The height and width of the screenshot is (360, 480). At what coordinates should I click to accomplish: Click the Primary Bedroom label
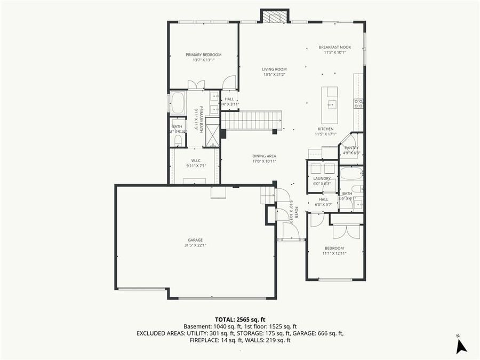click(x=203, y=55)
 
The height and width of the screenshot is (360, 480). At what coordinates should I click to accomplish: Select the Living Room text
click(x=274, y=69)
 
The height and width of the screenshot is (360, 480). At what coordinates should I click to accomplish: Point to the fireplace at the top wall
click(x=275, y=17)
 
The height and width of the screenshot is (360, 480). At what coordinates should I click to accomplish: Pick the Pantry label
click(x=351, y=148)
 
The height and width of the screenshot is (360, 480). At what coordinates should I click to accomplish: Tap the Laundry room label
click(x=322, y=178)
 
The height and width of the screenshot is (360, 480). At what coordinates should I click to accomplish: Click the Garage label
click(x=195, y=240)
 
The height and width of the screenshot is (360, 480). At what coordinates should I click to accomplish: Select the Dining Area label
click(x=264, y=156)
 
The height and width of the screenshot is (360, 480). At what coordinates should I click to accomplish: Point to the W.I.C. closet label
click(x=196, y=161)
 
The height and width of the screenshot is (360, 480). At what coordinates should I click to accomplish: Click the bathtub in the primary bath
click(x=178, y=103)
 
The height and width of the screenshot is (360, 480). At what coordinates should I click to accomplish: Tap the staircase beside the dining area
click(x=251, y=120)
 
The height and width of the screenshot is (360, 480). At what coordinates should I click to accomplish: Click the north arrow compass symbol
click(x=461, y=346)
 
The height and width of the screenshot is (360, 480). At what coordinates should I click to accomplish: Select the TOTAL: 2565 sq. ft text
click(x=239, y=319)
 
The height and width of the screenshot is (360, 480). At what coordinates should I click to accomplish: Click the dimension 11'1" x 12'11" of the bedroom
click(x=334, y=253)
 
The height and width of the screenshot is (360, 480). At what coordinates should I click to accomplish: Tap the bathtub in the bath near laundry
click(x=351, y=173)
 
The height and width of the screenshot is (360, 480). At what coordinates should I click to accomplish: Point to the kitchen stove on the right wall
click(x=359, y=103)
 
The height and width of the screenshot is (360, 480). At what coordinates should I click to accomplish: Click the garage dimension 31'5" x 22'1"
click(x=195, y=245)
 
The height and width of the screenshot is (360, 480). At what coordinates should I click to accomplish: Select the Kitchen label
click(x=325, y=129)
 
